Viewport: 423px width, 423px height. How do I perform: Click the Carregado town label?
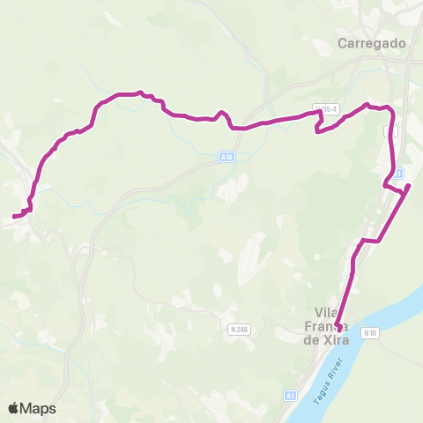tap(372, 42)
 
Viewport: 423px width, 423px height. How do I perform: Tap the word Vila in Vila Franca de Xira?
tap(328, 311)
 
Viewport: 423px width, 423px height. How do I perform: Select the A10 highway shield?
tap(226, 157)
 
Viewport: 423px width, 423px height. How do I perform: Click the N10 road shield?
tap(373, 332)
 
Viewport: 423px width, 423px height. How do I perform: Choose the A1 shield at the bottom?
tap(290, 397)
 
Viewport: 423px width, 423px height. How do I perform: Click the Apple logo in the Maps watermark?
tap(14, 408)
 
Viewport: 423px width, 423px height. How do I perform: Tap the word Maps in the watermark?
tap(39, 408)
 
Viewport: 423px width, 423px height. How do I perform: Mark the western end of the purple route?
tap(14, 215)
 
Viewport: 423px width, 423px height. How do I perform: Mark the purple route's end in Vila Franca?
tap(339, 330)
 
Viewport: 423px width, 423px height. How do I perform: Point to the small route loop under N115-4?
tap(318, 129)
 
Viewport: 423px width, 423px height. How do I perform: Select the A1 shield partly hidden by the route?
tap(398, 173)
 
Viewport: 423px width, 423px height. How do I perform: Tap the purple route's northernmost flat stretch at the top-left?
tap(129, 93)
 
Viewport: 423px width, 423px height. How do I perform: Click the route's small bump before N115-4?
tap(223, 115)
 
